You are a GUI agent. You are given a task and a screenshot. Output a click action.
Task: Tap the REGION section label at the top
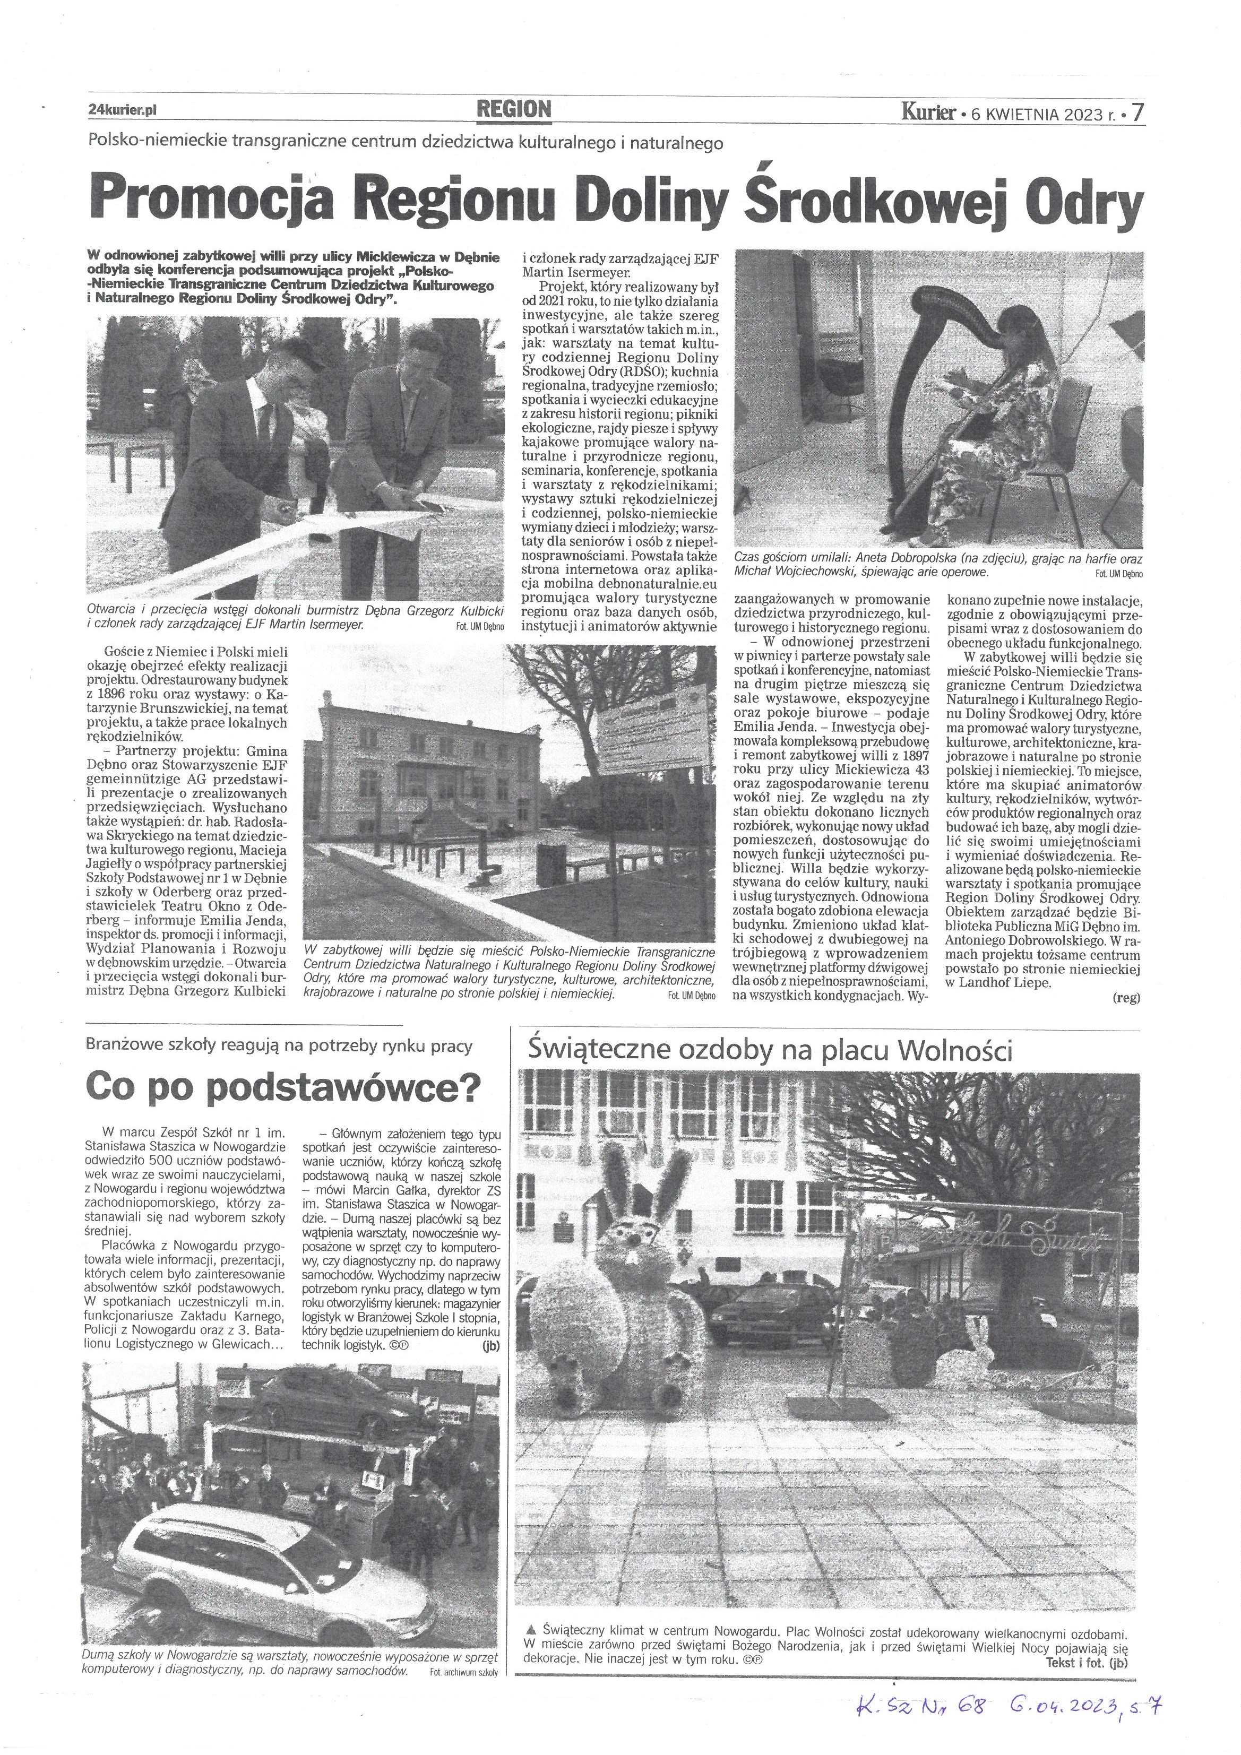[514, 109]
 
